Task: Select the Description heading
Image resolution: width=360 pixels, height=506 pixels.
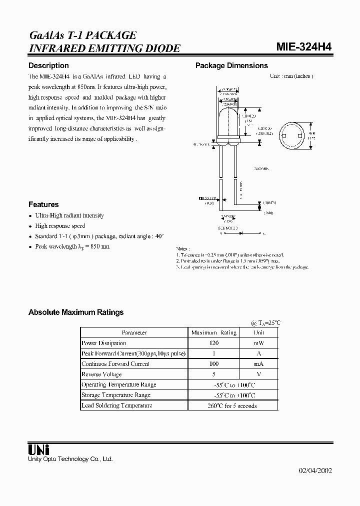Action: click(48, 65)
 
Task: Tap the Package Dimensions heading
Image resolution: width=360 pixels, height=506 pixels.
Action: click(231, 65)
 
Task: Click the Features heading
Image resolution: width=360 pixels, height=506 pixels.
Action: click(43, 204)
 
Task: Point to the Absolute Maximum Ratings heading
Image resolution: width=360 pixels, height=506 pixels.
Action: click(76, 312)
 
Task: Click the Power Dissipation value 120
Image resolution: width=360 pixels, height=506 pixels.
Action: click(214, 343)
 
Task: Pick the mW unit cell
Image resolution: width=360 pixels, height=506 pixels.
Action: click(258, 343)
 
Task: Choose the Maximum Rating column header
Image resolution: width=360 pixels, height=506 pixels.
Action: click(214, 332)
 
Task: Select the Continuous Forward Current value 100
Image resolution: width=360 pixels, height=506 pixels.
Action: click(214, 364)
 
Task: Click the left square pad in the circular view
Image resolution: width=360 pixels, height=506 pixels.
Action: click(283, 135)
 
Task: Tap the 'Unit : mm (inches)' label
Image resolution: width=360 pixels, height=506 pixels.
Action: click(291, 76)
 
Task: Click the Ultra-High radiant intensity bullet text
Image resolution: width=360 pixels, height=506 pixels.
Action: click(69, 215)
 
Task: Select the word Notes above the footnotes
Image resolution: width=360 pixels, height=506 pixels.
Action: click(182, 248)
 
